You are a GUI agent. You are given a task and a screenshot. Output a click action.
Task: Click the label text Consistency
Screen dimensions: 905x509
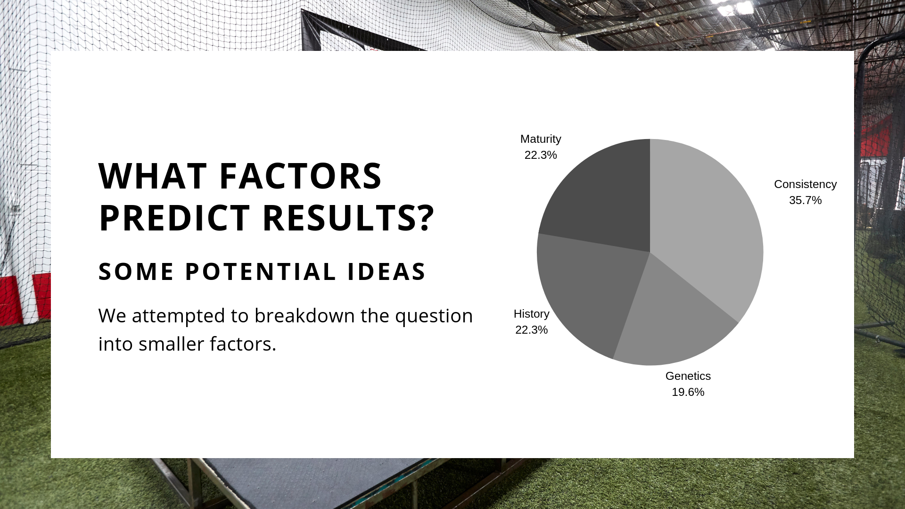click(805, 184)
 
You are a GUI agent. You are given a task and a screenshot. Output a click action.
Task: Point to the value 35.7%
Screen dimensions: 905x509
click(805, 200)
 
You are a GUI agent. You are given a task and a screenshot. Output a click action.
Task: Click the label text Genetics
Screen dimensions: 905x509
click(688, 376)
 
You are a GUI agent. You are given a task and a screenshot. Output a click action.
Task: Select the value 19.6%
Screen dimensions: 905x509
click(688, 392)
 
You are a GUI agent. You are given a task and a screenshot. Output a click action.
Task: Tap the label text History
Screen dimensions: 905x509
click(531, 314)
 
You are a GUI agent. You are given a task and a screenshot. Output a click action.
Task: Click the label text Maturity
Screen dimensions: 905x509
click(541, 139)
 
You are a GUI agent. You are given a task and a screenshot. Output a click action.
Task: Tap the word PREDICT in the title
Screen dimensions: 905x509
click(174, 218)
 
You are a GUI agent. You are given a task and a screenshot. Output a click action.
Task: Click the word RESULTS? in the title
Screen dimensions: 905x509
click(348, 218)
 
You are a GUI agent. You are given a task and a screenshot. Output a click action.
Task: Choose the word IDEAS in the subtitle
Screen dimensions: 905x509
click(387, 271)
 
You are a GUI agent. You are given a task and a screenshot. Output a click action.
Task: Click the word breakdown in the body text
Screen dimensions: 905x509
click(304, 315)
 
